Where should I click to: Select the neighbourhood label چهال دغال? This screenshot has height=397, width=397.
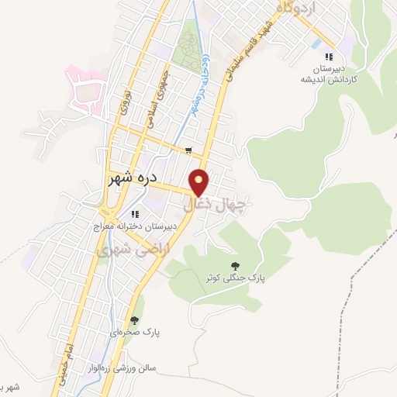coord(218,205)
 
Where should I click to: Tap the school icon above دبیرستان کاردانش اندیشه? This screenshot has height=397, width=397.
coord(329,57)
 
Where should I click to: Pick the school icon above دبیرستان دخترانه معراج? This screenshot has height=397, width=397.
coord(135,214)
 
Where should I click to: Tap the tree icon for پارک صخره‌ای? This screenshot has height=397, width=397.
coord(134,319)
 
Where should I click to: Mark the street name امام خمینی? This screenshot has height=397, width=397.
coord(61,359)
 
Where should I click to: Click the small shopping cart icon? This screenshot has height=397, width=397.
coord(188,150)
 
